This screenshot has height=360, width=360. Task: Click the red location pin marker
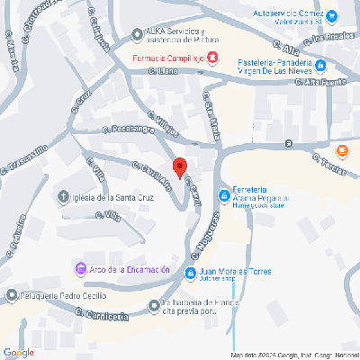(179, 167)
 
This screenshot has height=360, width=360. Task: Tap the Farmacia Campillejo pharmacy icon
(211, 58)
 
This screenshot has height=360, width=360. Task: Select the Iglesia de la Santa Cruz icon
(63, 197)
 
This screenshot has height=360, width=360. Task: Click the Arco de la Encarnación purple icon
(79, 269)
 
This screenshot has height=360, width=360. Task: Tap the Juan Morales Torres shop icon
(190, 273)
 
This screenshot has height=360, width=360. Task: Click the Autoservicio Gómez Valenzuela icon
(332, 15)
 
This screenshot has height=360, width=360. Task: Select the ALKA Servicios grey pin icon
(136, 35)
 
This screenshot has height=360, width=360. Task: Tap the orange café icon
(341, 150)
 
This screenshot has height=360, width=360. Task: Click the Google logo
(18, 351)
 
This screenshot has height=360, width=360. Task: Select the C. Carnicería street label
(98, 315)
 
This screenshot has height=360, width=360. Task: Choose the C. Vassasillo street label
(30, 158)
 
